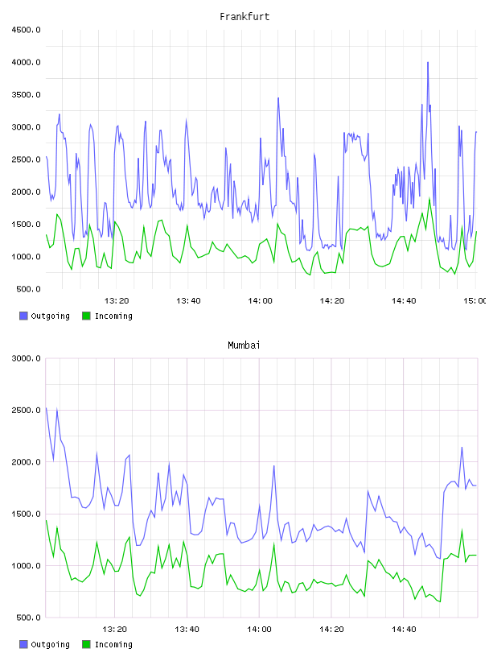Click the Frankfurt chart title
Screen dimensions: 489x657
pos(244,17)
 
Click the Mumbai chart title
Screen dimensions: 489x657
pos(244,345)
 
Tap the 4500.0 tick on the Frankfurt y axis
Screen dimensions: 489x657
pos(26,30)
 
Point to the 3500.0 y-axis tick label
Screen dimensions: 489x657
pos(26,95)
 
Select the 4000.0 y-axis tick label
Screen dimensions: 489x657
pos(26,63)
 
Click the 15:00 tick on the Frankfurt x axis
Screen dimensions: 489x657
pos(475,301)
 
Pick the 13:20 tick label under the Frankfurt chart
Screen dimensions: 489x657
pos(117,301)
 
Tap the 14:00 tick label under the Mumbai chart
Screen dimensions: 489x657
pos(259,630)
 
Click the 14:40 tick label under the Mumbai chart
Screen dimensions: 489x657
pos(404,630)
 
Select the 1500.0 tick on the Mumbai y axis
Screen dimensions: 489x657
pos(26,514)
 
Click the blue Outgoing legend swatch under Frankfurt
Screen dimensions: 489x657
pos(23,316)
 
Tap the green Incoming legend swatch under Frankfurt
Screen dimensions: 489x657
pos(86,316)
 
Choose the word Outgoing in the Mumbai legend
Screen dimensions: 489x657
pos(50,644)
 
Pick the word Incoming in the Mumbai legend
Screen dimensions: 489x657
pos(113,644)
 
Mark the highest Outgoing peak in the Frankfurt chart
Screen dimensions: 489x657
pos(427,63)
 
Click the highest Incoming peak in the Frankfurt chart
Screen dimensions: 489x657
pos(429,199)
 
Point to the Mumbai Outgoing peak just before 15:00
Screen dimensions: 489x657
pos(462,447)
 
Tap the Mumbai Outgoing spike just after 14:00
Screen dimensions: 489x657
pos(273,465)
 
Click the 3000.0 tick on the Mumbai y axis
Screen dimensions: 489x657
pos(26,358)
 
